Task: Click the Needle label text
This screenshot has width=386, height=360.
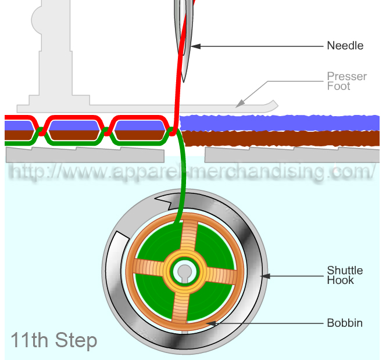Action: coord(345,45)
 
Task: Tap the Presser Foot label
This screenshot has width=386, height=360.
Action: coord(346,81)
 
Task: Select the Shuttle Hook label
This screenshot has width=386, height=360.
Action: coord(344,275)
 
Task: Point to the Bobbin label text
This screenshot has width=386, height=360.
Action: coord(345,323)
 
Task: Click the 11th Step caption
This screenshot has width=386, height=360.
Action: coord(53,340)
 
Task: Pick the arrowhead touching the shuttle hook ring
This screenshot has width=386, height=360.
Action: coord(263,275)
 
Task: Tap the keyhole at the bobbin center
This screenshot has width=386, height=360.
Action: coord(184,272)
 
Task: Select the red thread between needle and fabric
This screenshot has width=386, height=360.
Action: coord(177,99)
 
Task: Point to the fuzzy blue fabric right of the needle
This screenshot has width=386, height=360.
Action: coord(279,123)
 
